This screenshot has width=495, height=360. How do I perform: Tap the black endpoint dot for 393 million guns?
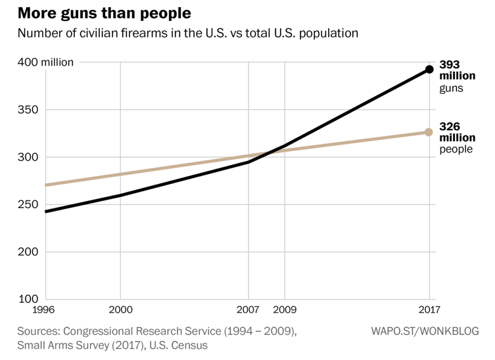[429, 69]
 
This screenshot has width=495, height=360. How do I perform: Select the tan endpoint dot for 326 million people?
[429, 132]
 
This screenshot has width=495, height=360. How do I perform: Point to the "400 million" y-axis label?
[49, 62]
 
